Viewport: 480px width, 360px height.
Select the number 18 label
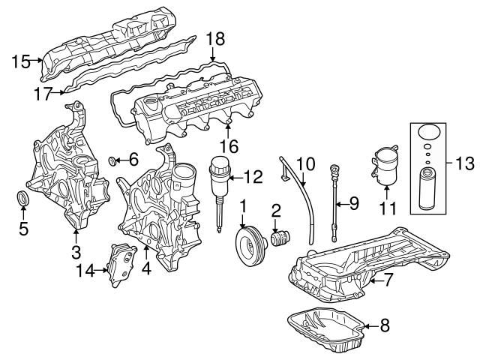pyautogui.click(x=215, y=39)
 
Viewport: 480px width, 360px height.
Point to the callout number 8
pyautogui.click(x=385, y=326)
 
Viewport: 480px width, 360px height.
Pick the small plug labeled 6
pyautogui.click(x=114, y=160)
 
